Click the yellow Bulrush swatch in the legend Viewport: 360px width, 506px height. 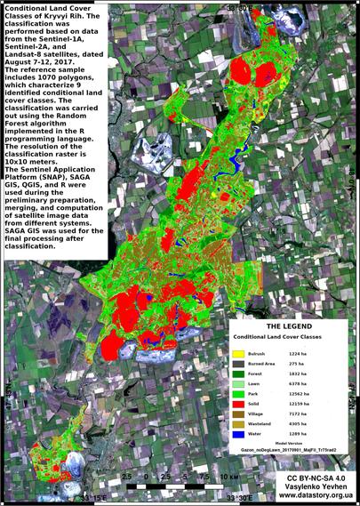pos(239,354)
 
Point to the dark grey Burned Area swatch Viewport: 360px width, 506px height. pos(239,364)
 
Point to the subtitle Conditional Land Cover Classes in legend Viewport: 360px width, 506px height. pos(290,339)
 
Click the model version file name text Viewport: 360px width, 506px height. pos(290,451)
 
